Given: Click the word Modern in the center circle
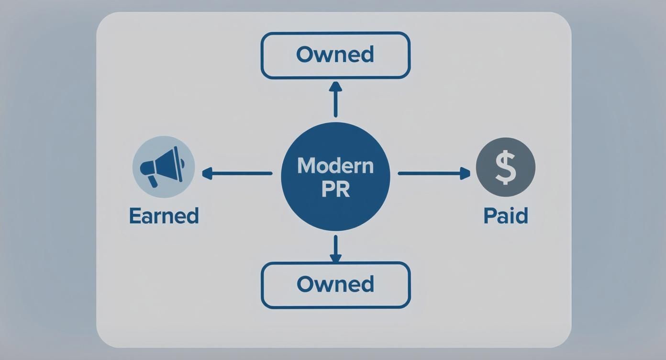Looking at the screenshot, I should tap(335, 166).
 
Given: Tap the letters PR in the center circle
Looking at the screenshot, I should tap(335, 189).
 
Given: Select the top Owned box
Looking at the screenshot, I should tap(335, 55).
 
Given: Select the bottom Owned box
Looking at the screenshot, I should tap(335, 284).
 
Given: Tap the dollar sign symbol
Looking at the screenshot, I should tap(505, 167).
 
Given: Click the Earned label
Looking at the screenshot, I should tap(164, 216).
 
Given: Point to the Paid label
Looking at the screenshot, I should tap(505, 216).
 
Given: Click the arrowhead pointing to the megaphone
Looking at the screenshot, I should tap(207, 173).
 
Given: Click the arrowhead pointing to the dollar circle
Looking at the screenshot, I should tap(465, 173).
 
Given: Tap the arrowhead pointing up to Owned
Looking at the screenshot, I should tap(335, 87).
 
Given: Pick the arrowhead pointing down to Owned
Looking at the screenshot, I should tap(335, 258).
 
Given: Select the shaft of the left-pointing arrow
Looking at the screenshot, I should tap(242, 173).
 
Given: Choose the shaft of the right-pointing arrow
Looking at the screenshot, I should tap(428, 173).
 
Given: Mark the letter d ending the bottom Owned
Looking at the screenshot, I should tap(367, 284).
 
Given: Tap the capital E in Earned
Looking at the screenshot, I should tap(135, 216).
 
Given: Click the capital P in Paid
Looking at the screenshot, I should tap(489, 216).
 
